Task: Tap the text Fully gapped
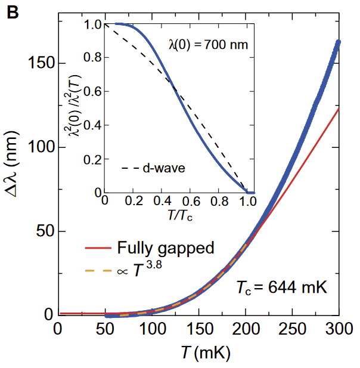[x=165, y=248]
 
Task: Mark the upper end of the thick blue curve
[x=338, y=43]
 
